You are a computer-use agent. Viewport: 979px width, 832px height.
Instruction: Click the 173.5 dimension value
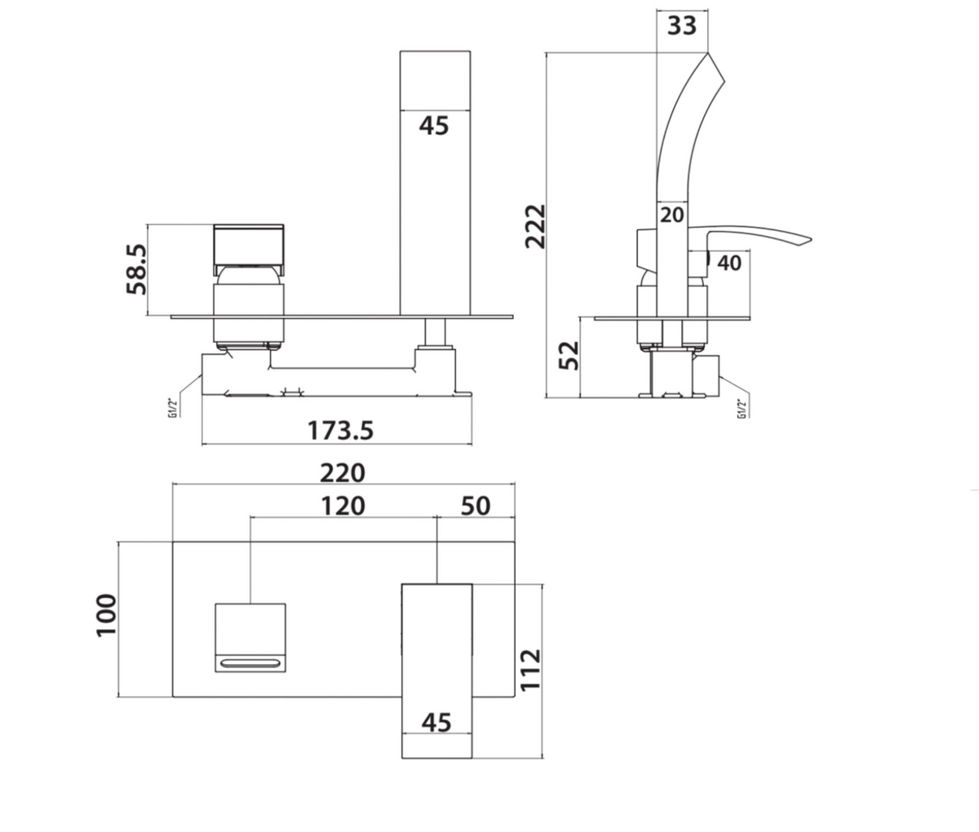340,430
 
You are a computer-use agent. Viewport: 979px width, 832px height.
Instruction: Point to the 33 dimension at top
682,25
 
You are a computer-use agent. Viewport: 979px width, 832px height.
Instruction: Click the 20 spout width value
672,215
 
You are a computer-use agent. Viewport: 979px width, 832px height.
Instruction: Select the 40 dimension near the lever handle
729,263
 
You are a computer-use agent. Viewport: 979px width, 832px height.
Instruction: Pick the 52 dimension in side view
569,356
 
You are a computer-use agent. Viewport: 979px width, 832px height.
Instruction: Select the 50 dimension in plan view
476,506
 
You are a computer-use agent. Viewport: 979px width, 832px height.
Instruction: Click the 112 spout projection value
531,670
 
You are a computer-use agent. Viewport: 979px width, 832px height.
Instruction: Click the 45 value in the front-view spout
434,126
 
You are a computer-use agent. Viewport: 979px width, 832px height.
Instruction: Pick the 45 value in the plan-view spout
436,722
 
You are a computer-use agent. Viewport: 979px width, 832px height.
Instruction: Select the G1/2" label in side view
742,408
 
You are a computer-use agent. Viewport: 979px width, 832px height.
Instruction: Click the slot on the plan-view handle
250,663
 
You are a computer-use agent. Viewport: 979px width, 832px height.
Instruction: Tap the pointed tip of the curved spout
709,55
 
